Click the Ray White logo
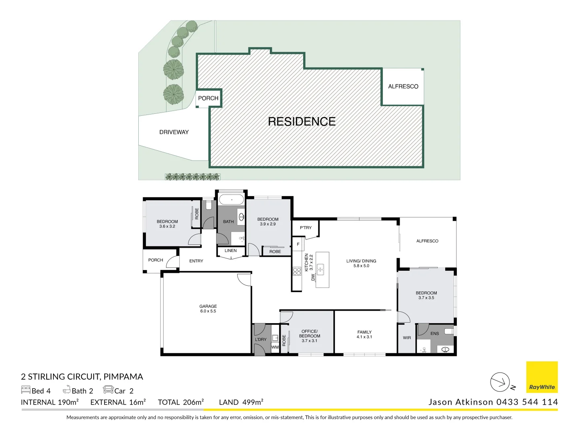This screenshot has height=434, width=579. point(542,377)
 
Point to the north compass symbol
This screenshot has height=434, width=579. point(500,382)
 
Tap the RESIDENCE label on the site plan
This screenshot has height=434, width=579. point(302,122)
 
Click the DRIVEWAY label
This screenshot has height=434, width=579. point(174,132)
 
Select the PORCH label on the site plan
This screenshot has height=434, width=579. point(208,98)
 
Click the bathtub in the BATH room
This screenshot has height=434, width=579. point(231,200)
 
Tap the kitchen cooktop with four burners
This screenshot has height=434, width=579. point(297,271)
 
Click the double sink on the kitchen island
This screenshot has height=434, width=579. point(320,269)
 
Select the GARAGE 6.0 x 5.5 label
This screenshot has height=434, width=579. point(208,309)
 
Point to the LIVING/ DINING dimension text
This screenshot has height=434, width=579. point(361,266)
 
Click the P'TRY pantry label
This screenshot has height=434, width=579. point(306,228)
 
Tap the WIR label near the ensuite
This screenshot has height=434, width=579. point(407,338)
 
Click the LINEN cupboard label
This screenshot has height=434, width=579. point(230,251)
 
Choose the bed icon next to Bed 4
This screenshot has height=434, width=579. point(26,390)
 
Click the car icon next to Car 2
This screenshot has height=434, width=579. point(108,390)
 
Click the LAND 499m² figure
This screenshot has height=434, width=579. point(241,402)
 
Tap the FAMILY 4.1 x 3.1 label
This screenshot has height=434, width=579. point(364,335)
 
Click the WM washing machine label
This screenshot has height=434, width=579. point(275,347)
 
